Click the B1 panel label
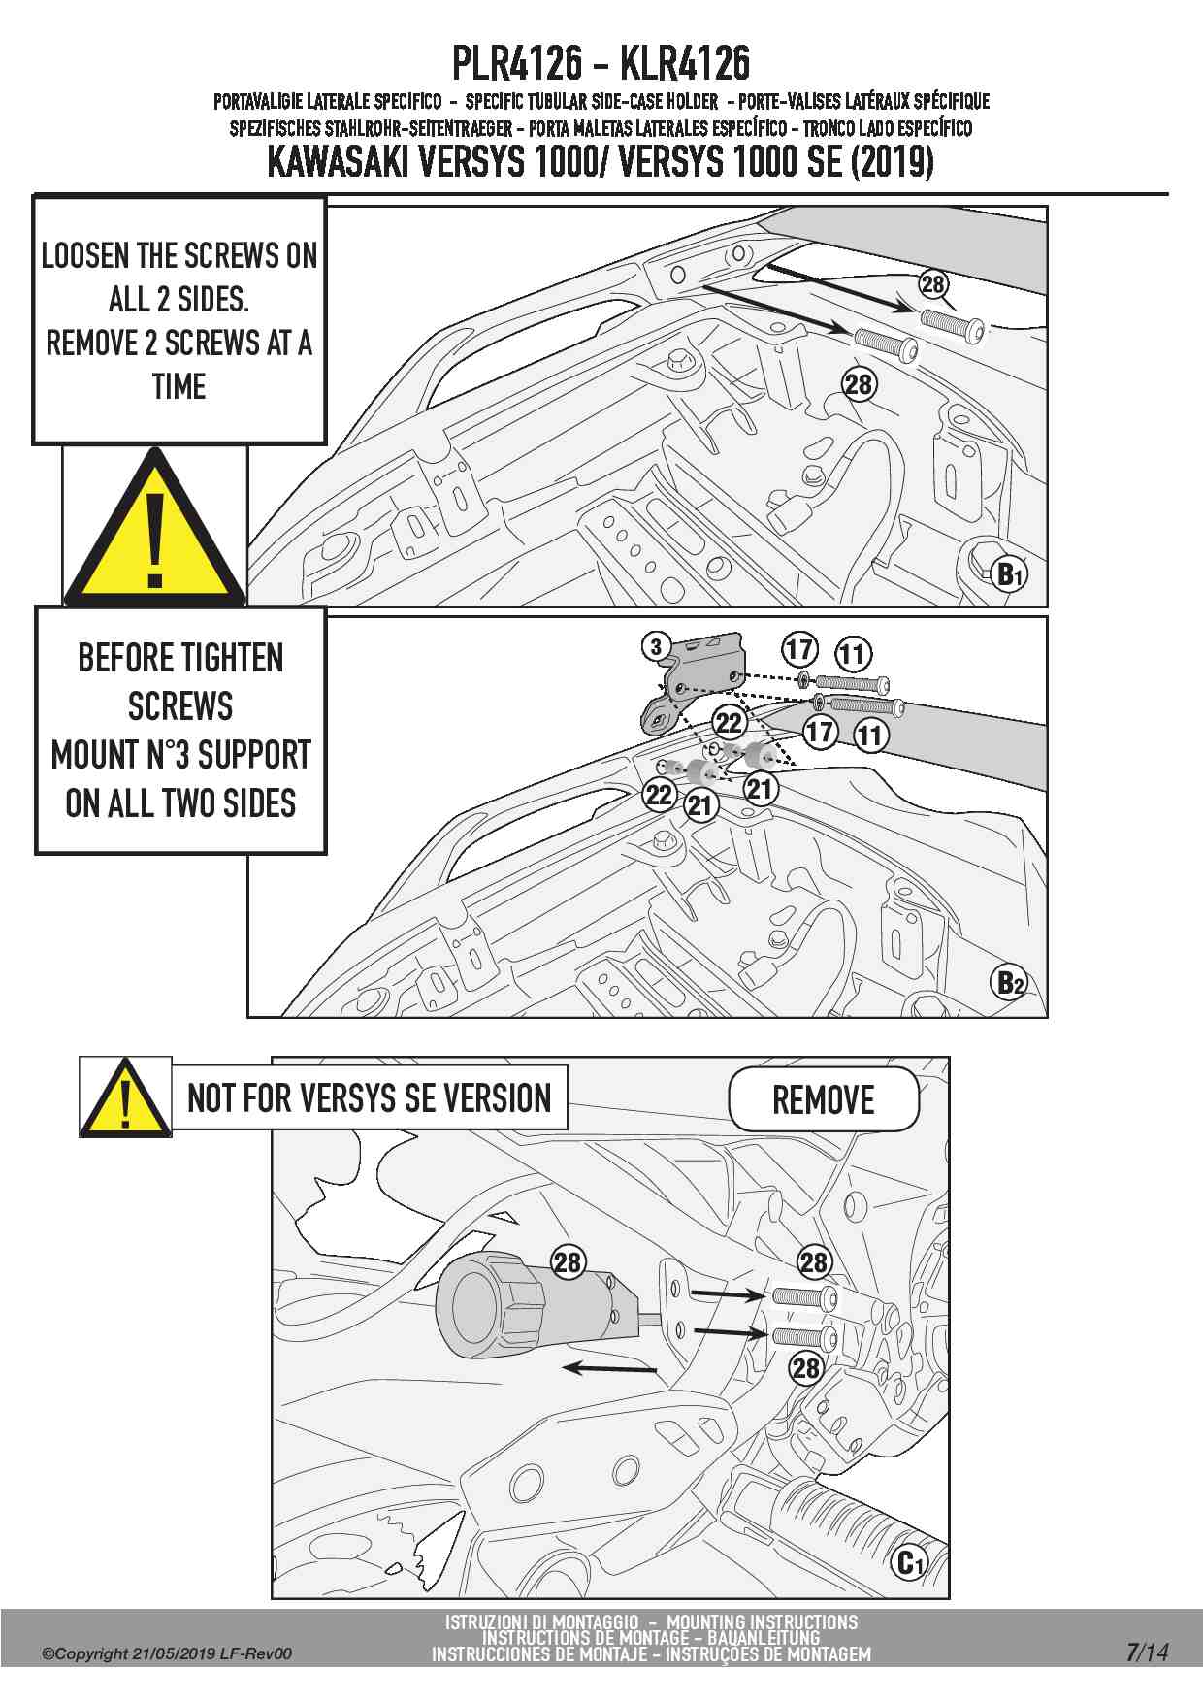click(1010, 574)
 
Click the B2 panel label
click(1010, 984)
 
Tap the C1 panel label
click(909, 1562)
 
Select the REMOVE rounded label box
click(823, 1099)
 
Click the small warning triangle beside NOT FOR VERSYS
click(125, 1099)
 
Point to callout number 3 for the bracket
click(657, 646)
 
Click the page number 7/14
click(1147, 1653)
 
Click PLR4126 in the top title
click(517, 63)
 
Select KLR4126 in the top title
click(684, 63)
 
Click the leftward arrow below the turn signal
click(611, 1368)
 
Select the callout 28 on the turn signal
click(567, 1262)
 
